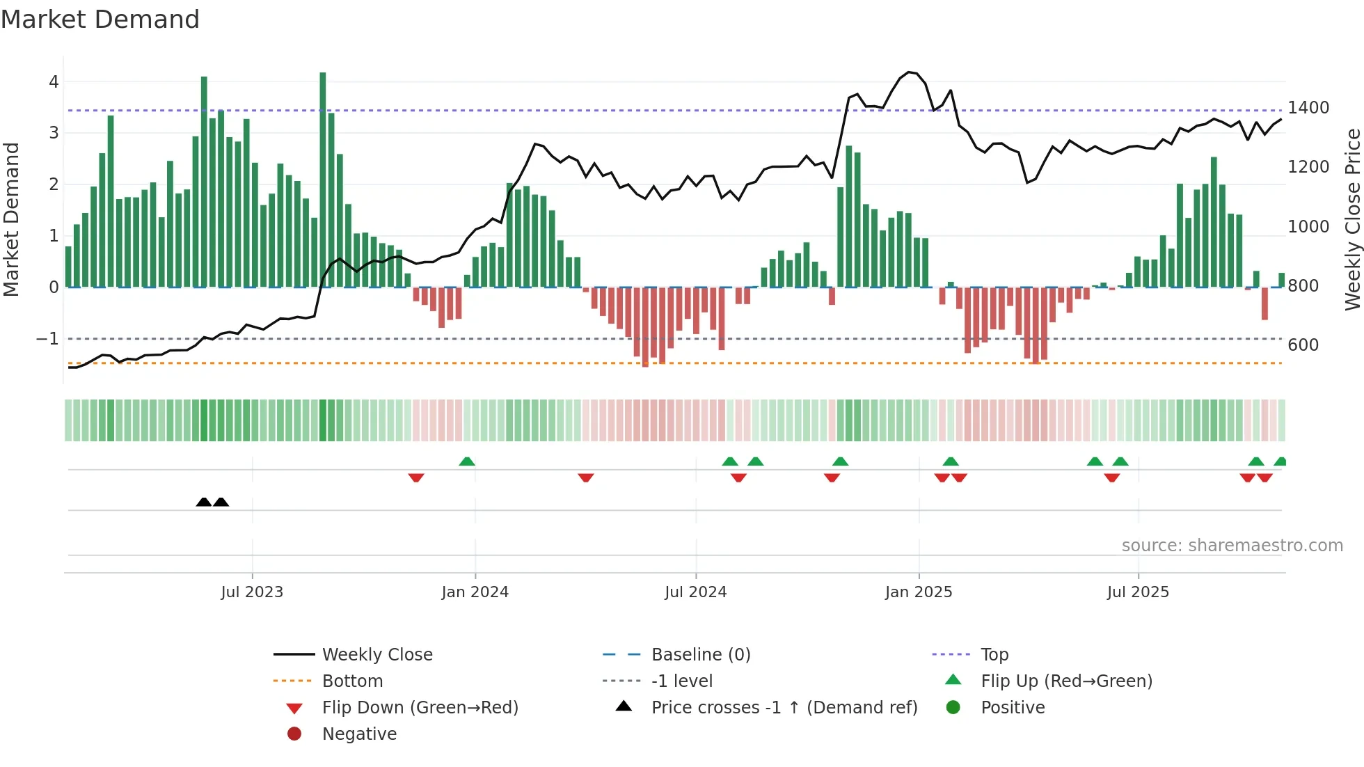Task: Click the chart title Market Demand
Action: (x=100, y=19)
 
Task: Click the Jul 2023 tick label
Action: (x=252, y=592)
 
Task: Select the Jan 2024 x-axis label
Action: (x=475, y=592)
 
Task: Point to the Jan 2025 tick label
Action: (x=919, y=592)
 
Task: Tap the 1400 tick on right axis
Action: (x=1308, y=108)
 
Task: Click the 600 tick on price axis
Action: (x=1303, y=345)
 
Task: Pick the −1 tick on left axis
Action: (x=47, y=339)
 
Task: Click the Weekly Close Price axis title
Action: (x=1352, y=219)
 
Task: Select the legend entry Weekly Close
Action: (x=376, y=655)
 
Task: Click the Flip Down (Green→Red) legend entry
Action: (x=420, y=708)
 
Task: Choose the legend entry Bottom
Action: (x=352, y=681)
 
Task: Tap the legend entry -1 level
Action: (x=681, y=681)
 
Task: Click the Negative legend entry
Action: (x=359, y=734)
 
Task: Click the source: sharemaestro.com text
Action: (x=1232, y=546)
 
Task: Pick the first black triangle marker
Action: (x=204, y=502)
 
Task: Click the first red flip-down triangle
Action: (x=416, y=477)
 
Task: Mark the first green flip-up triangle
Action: (x=467, y=461)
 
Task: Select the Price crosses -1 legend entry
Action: (x=784, y=708)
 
